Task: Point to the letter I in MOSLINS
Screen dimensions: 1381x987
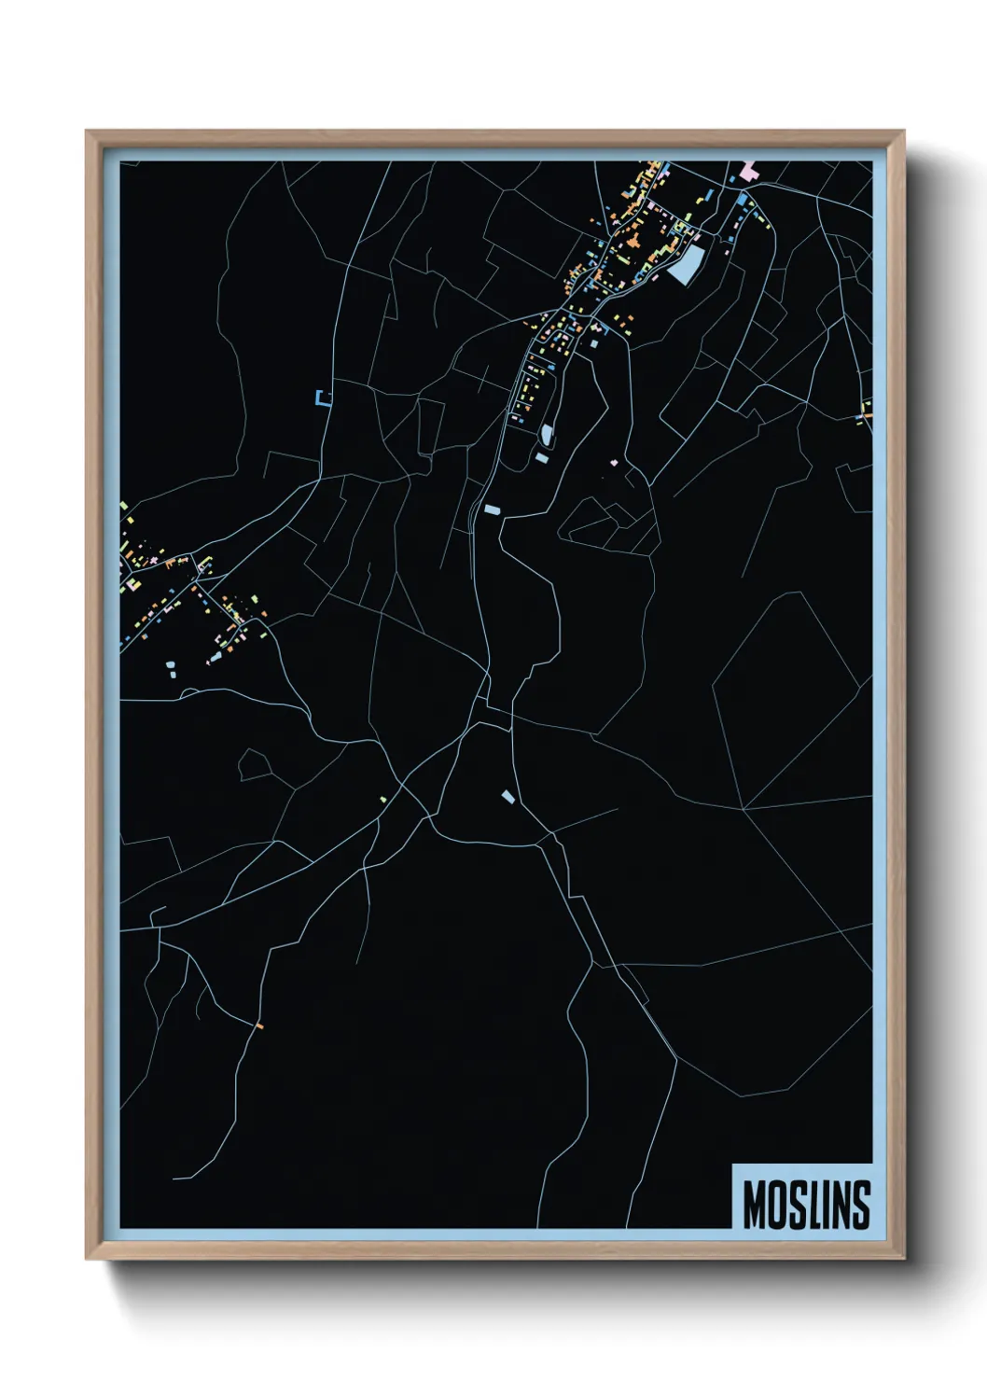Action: coord(827,1205)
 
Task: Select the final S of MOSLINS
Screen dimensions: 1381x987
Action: coord(861,1205)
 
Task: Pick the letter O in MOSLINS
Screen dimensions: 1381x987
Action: coord(778,1205)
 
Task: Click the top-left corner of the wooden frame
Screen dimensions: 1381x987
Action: coord(87,132)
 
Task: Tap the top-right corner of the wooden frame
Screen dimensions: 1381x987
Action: coord(903,132)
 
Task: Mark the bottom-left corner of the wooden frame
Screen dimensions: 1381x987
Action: coord(87,1258)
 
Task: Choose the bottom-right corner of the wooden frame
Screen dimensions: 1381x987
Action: coord(903,1258)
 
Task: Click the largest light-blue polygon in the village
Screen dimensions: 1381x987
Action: coord(688,264)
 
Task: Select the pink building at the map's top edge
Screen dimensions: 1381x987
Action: coord(748,171)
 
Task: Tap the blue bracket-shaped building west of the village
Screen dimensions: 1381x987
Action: coord(324,398)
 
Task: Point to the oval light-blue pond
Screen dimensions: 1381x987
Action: coord(546,434)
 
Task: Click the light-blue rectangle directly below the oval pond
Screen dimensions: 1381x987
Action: coord(542,457)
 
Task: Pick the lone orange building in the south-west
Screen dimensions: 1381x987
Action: coord(259,1026)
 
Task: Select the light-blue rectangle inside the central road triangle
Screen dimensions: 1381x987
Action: coord(507,796)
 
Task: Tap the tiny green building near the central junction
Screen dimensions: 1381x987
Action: coord(383,799)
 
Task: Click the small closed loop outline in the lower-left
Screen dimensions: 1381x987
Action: coord(254,764)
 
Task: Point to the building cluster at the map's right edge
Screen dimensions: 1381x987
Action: coord(866,411)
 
